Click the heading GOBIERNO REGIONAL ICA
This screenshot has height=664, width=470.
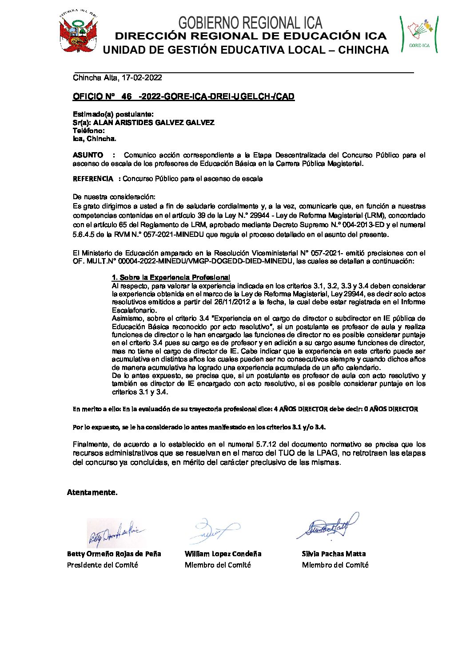pyautogui.click(x=250, y=23)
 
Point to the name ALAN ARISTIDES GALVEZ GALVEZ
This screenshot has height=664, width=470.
pyautogui.click(x=154, y=122)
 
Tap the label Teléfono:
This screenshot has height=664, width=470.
pyautogui.click(x=89, y=131)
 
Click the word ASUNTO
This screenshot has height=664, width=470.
pyautogui.click(x=88, y=155)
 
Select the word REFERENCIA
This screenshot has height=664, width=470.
pyautogui.click(x=93, y=179)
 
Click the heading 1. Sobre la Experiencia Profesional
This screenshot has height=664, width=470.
pyautogui.click(x=171, y=278)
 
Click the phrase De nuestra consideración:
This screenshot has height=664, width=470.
pyautogui.click(x=114, y=196)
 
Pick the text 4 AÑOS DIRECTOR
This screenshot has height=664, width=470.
pyautogui.click(x=301, y=409)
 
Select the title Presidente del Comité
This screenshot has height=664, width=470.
pyautogui.click(x=103, y=565)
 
